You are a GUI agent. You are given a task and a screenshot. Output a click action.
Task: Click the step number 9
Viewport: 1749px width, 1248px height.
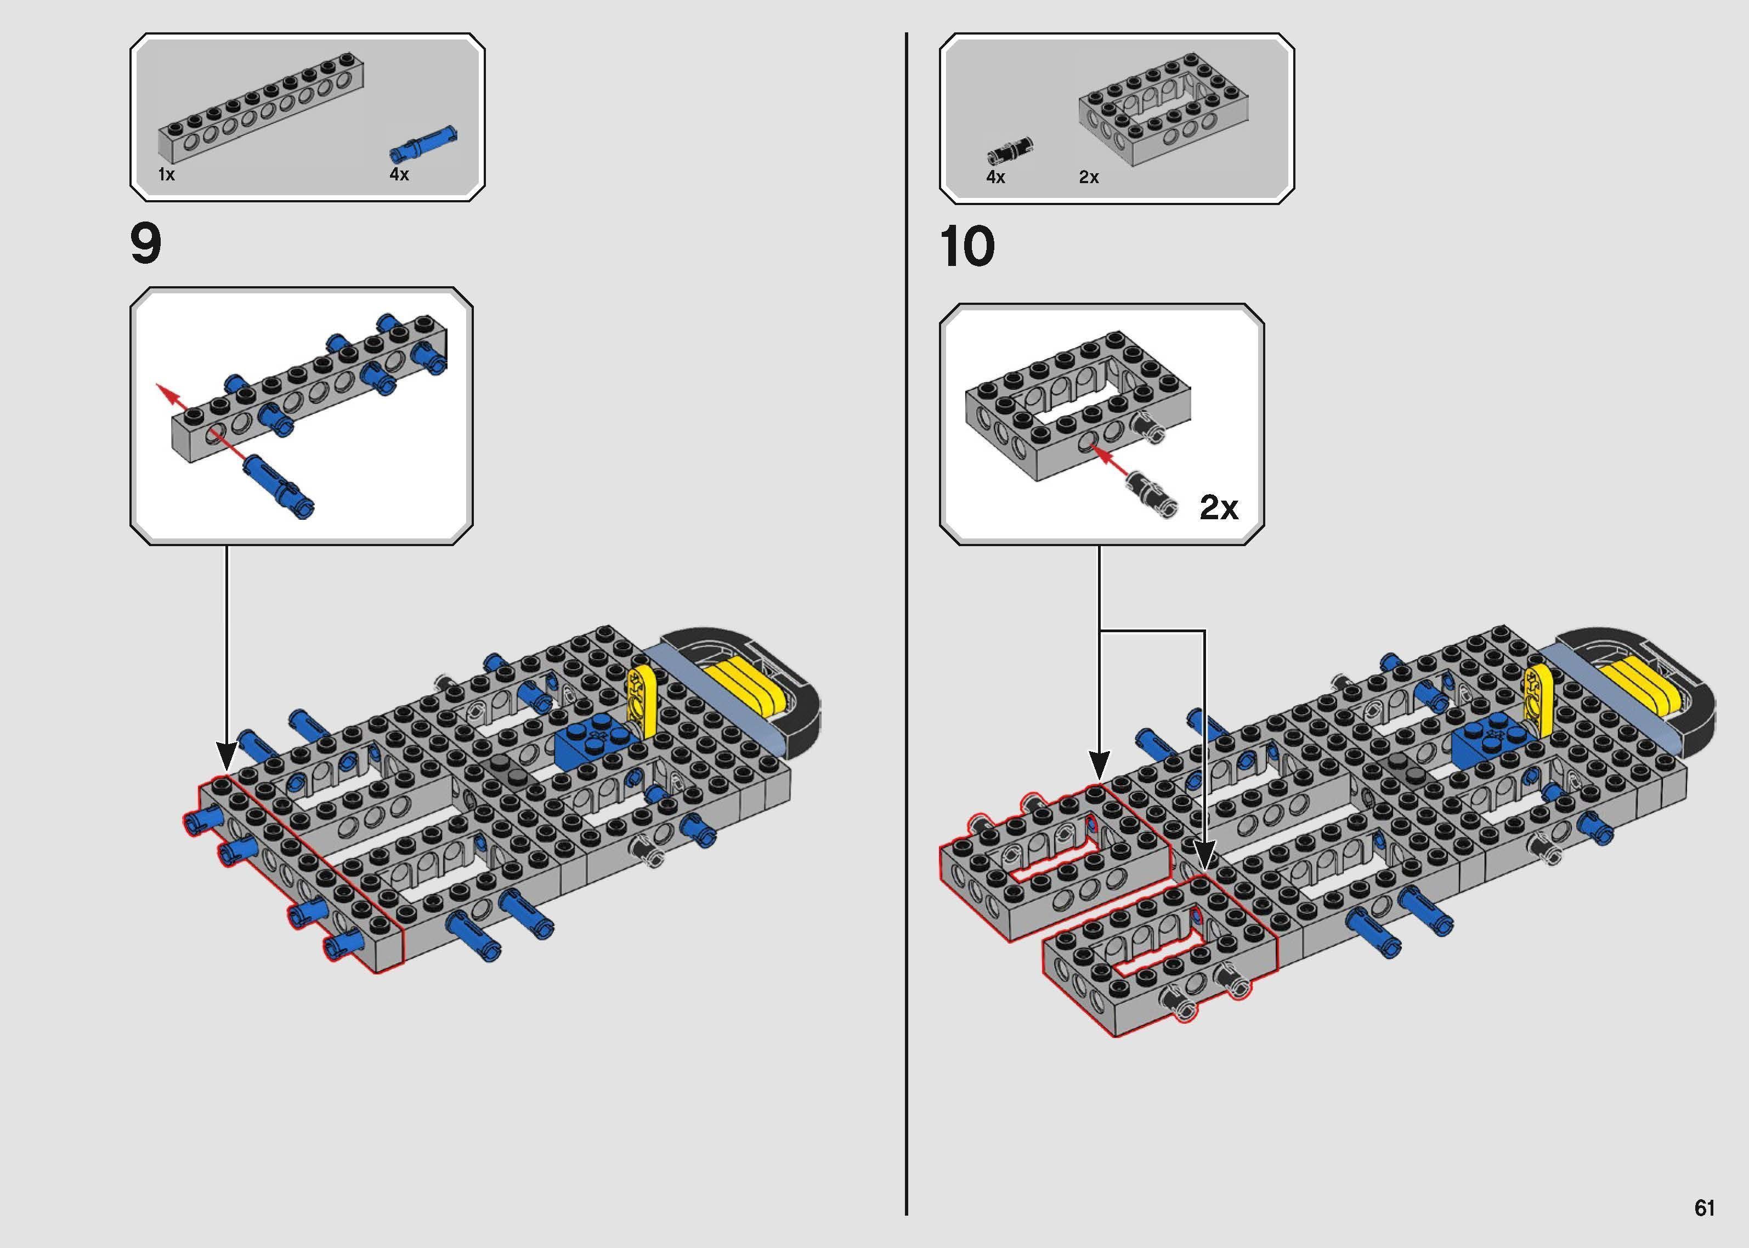(146, 245)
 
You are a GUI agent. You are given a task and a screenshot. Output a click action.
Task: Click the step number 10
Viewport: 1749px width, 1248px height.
(967, 247)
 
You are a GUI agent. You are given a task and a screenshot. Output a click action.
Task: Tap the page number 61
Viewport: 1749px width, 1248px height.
(1705, 1208)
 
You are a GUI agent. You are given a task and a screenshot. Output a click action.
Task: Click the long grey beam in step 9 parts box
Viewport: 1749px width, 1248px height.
(261, 111)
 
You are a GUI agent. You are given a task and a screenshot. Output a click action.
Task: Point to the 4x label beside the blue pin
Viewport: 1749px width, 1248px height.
(399, 174)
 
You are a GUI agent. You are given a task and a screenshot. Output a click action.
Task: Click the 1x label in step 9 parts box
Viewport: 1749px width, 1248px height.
(166, 174)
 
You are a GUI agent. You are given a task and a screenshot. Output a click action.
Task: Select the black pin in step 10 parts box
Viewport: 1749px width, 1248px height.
(1009, 151)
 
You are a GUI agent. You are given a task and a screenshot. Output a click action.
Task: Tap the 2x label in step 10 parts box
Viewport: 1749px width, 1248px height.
(1088, 178)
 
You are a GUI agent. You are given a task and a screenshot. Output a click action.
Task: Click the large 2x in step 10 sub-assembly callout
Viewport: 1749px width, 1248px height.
(1219, 507)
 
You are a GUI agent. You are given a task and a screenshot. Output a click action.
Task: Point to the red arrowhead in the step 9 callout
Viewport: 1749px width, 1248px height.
(163, 390)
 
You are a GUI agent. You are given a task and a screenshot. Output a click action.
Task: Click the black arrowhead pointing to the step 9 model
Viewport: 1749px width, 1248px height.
(226, 756)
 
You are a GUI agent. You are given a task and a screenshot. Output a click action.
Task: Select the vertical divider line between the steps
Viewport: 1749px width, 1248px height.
(907, 615)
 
